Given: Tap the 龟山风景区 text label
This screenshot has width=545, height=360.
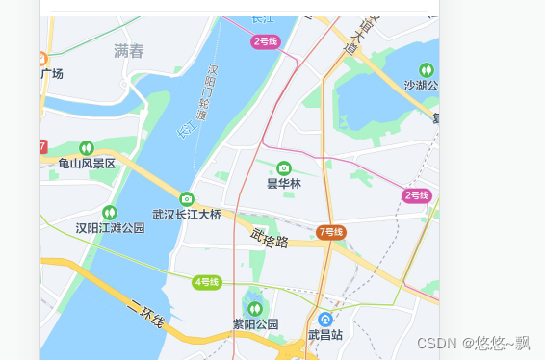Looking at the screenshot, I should click(87, 164).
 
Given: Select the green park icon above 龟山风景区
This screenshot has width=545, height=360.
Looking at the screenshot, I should click(87, 147).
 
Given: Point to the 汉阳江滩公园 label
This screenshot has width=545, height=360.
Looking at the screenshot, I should click(110, 228).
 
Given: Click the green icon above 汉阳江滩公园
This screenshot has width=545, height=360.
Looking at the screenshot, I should click(110, 212).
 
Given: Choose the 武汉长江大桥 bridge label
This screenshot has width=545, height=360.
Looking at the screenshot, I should click(187, 215).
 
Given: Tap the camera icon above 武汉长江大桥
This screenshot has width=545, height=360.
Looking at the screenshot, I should click(187, 198).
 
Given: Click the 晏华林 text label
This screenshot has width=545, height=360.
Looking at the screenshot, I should click(284, 184).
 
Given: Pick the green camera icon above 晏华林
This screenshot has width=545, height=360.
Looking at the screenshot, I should click(284, 167).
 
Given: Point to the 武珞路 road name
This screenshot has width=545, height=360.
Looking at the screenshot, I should click(271, 237).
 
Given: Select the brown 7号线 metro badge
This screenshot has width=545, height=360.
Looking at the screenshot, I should click(330, 232).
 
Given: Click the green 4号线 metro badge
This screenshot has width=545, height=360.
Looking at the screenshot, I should click(207, 282).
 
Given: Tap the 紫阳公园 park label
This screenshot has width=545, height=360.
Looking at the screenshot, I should click(255, 324).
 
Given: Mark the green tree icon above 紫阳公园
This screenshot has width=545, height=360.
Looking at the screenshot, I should click(255, 308).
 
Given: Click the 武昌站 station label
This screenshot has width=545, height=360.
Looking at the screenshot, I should click(325, 336).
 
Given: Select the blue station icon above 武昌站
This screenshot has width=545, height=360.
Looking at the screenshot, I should click(325, 319).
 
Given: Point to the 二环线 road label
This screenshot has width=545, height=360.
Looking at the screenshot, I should click(145, 314).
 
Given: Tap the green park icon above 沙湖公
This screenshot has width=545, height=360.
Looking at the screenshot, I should click(427, 69).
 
